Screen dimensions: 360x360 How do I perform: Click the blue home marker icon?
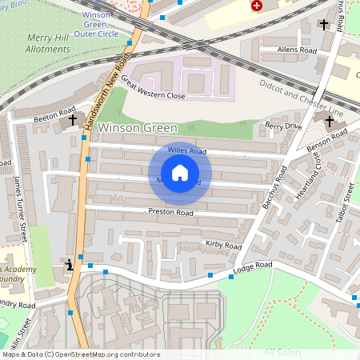point(180,173)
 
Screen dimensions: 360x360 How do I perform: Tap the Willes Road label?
point(187,150)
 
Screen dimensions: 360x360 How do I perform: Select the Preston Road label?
point(170,213)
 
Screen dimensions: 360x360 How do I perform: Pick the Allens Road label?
point(298,50)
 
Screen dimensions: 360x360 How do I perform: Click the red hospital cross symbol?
point(256,6)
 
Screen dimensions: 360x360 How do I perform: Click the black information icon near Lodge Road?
point(70,266)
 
